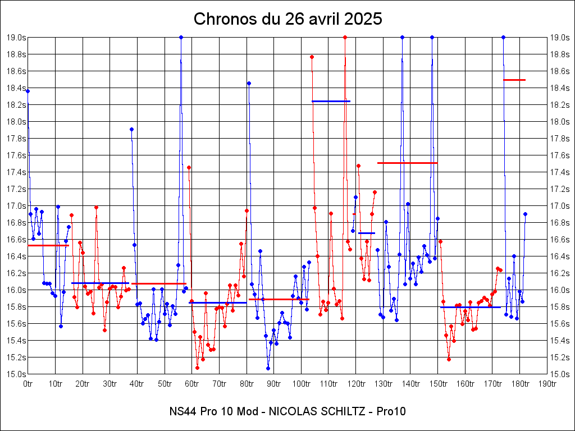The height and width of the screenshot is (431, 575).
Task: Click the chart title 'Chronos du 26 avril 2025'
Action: pyautogui.click(x=287, y=19)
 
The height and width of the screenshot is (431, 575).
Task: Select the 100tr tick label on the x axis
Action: pyautogui.click(x=301, y=384)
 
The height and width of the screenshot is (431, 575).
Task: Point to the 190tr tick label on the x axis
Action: pyautogui.click(x=547, y=384)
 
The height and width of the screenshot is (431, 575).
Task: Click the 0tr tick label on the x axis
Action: pyautogui.click(x=28, y=384)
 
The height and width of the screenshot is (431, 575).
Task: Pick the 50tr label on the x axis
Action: pyautogui.click(x=165, y=384)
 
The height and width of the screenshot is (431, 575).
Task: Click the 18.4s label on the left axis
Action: pyautogui.click(x=16, y=88)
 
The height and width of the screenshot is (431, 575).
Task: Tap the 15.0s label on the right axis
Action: pyautogui.click(x=559, y=374)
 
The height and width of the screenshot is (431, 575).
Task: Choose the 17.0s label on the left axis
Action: pyautogui.click(x=16, y=206)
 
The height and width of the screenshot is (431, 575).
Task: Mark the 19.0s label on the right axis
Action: pyautogui.click(x=559, y=38)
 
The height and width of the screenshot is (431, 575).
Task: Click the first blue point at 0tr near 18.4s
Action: pyautogui.click(x=28, y=91)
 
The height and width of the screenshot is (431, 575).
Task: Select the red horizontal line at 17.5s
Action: pyautogui.click(x=407, y=163)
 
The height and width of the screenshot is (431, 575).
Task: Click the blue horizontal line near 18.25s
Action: pyautogui.click(x=331, y=101)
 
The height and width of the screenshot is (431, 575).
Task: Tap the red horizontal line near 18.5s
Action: pyautogui.click(x=514, y=80)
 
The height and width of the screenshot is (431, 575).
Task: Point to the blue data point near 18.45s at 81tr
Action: pyautogui.click(x=249, y=83)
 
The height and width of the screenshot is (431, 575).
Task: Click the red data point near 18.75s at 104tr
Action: pyautogui.click(x=312, y=57)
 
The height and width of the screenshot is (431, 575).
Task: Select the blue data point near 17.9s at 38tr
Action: pyautogui.click(x=131, y=129)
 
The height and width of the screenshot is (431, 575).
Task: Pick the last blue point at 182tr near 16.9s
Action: pyautogui.click(x=525, y=214)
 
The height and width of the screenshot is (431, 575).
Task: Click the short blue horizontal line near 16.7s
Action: pyautogui.click(x=366, y=233)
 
